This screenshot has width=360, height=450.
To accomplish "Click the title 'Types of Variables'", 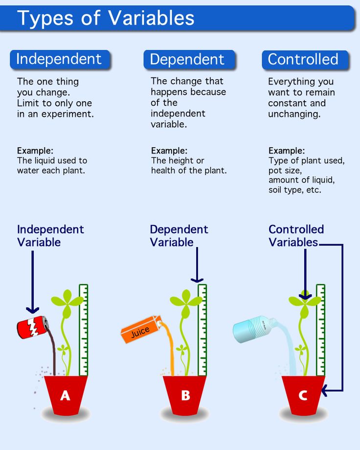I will (x=106, y=18).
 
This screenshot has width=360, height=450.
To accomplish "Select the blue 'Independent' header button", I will (x=59, y=59).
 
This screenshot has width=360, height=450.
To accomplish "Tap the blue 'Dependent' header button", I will (x=187, y=60).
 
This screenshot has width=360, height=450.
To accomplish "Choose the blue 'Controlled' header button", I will (x=303, y=60).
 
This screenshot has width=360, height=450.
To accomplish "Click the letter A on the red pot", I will (x=65, y=395).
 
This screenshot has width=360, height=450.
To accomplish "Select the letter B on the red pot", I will (x=185, y=395).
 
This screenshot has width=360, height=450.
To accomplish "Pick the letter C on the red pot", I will (x=303, y=395).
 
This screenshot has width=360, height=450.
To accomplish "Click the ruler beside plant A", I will (x=84, y=330).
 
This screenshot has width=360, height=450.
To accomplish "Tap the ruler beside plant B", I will (x=202, y=330).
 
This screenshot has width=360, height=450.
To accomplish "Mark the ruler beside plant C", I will (x=320, y=330).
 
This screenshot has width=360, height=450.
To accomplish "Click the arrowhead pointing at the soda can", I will (x=33, y=310).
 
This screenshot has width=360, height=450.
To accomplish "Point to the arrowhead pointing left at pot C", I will (x=325, y=390).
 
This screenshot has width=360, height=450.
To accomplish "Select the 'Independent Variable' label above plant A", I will (x=50, y=236).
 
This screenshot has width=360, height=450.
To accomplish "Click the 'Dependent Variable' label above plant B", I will (x=179, y=236).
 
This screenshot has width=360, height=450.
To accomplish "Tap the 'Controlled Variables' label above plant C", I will (x=296, y=236).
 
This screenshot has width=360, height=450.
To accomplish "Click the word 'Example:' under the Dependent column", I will (x=169, y=151).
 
